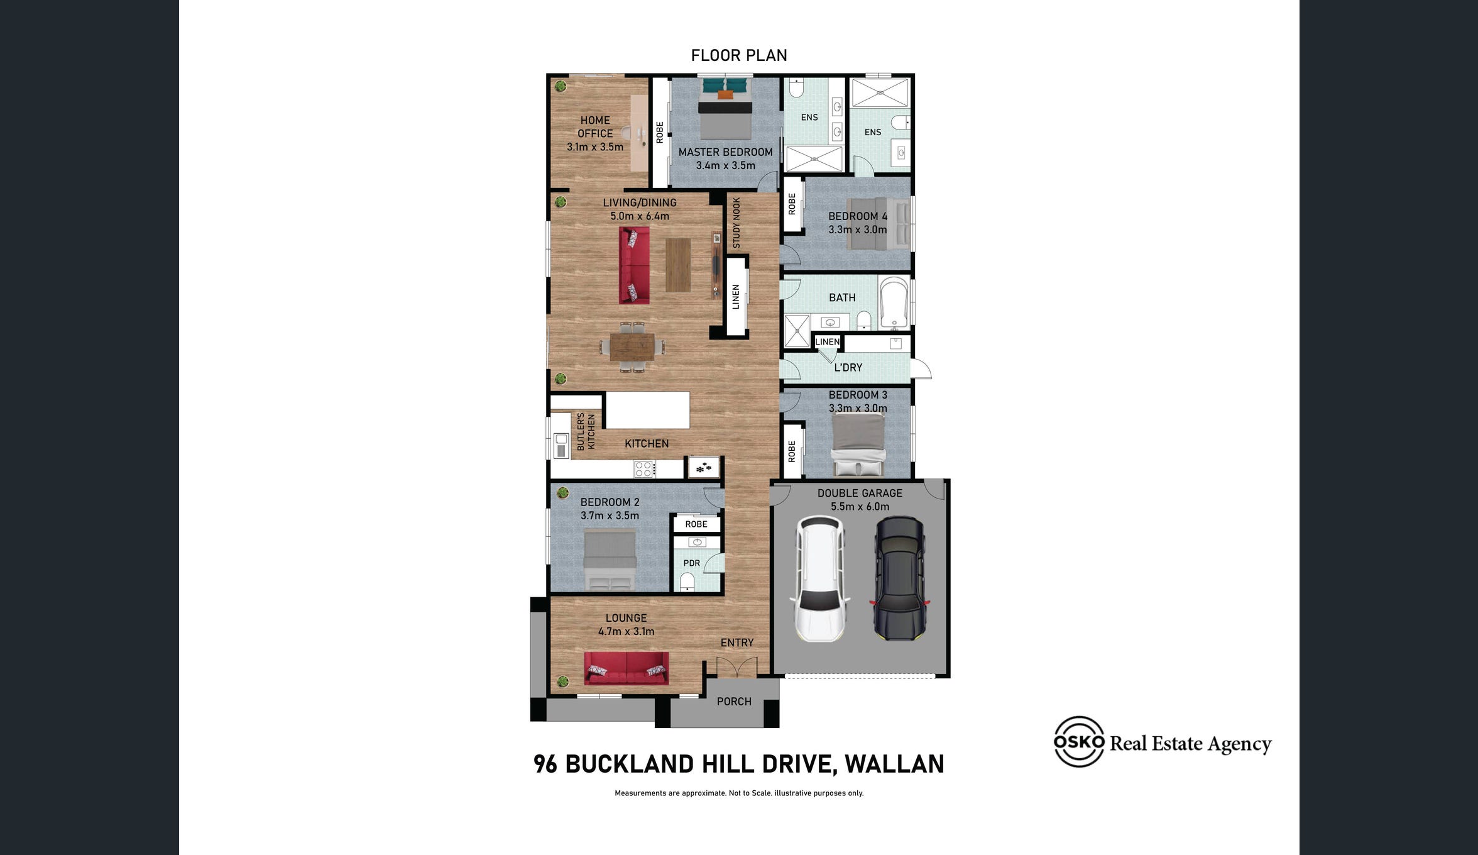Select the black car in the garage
tap(899, 578)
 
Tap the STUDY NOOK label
tap(736, 223)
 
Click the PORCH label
tap(734, 701)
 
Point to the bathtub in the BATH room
tap(894, 302)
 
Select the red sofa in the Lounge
tap(627, 668)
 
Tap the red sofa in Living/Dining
tap(634, 265)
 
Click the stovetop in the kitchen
tap(644, 469)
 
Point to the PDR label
tap(691, 563)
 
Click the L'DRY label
tap(848, 367)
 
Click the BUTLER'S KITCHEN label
tap(586, 431)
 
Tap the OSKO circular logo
tap(1079, 741)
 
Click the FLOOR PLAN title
tap(739, 55)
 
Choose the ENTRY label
tap(736, 643)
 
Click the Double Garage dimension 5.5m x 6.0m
tap(860, 507)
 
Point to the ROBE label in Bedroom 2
tap(696, 524)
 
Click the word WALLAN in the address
tap(894, 764)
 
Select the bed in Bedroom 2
tap(610, 560)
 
